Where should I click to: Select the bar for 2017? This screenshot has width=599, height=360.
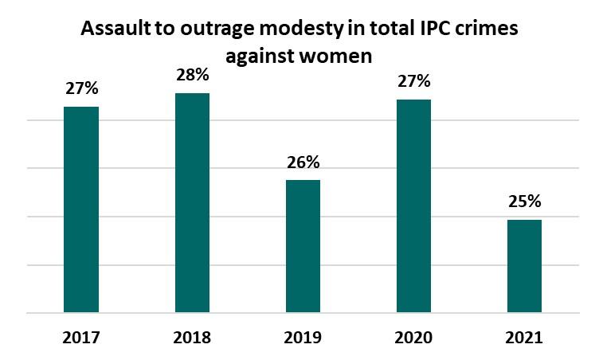tap(81, 209)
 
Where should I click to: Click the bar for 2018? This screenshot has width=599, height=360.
tap(192, 203)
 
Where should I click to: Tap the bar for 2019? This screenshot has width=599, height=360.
tap(303, 246)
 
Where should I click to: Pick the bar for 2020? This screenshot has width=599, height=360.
tap(413, 206)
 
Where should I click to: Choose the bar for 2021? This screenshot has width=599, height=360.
tap(524, 266)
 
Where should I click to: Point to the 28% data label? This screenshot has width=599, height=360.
tap(192, 76)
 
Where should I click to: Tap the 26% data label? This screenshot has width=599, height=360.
tap(303, 162)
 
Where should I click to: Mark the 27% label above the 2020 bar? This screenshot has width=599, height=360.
tap(413, 81)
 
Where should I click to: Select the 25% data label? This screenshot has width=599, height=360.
tap(524, 202)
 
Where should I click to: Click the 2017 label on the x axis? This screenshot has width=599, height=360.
tap(81, 338)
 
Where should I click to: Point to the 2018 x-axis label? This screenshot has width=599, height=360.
tap(192, 338)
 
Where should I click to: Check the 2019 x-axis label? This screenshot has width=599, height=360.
tap(303, 338)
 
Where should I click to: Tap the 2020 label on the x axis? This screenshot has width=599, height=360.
tap(413, 338)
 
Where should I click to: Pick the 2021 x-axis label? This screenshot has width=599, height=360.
tap(524, 338)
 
